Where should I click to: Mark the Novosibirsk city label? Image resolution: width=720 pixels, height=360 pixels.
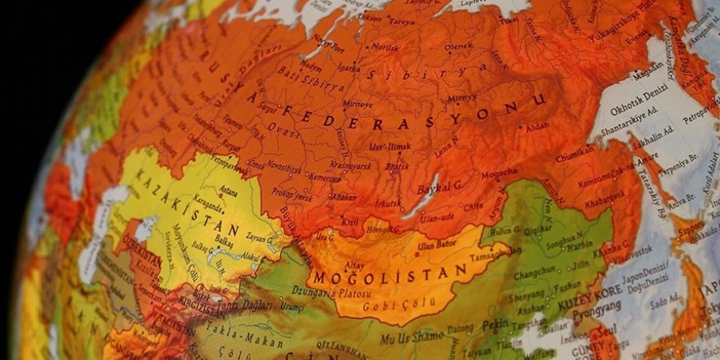point(283,172)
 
